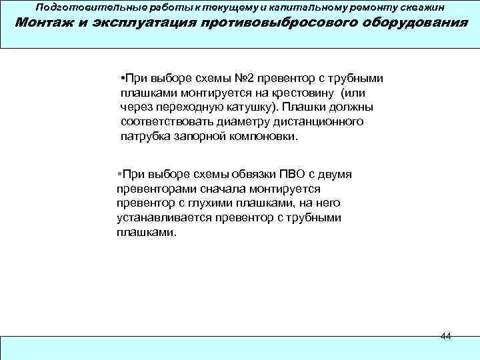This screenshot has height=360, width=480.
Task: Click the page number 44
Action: [446, 336]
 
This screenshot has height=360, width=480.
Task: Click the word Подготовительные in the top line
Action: [78, 7]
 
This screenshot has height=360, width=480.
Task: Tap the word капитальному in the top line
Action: [305, 7]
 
